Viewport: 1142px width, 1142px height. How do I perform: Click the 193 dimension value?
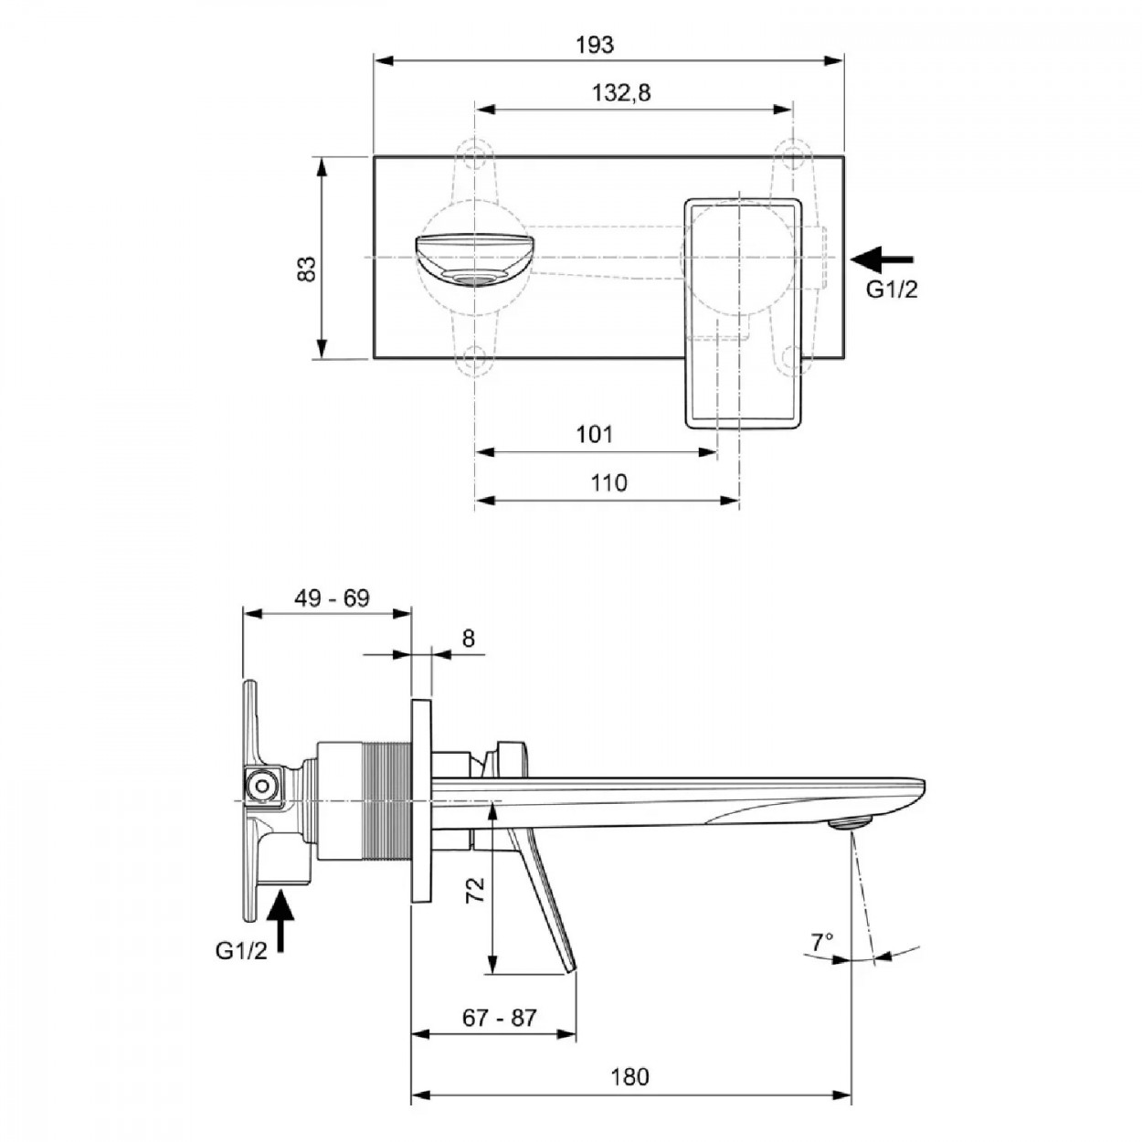click(595, 45)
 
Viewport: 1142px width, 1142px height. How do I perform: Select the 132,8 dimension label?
click(621, 93)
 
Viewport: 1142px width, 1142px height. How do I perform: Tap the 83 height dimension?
click(307, 269)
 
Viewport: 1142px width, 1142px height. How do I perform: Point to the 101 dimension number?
click(595, 434)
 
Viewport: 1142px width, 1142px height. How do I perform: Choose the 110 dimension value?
click(608, 482)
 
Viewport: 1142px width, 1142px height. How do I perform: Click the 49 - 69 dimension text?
click(332, 598)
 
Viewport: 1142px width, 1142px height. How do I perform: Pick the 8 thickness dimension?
click(468, 639)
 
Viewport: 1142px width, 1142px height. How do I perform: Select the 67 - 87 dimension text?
click(500, 1018)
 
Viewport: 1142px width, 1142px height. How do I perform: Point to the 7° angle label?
click(822, 941)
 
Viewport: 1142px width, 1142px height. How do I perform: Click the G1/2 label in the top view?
click(892, 290)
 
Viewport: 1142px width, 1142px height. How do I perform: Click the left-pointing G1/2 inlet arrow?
click(883, 259)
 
